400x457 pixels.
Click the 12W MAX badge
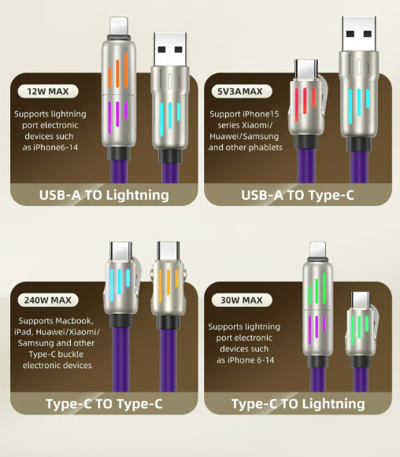point(48,92)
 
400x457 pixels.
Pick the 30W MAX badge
point(240,300)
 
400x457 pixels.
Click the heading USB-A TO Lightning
point(104,195)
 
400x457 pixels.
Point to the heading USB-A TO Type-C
point(297,195)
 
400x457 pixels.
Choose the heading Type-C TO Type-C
point(104,404)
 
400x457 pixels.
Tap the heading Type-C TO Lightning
point(298,404)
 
